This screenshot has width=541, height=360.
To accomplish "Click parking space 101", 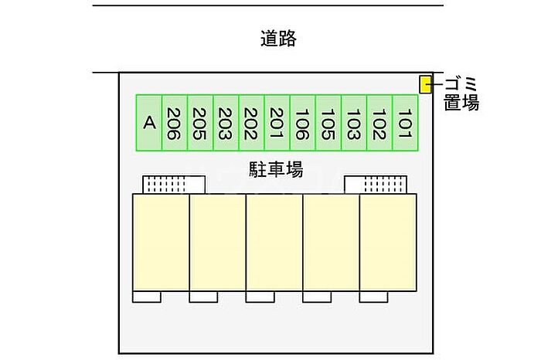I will (x=405, y=123).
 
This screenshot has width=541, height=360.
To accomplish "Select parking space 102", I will (x=379, y=123).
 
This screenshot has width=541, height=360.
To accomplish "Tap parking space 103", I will (x=354, y=123).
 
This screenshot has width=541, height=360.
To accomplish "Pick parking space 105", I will (x=328, y=123).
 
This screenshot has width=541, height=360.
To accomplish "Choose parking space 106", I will (x=303, y=123).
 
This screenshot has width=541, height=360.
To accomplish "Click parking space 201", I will (x=277, y=123).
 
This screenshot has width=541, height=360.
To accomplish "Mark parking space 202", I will (x=251, y=123).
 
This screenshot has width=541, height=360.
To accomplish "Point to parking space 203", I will (x=226, y=123).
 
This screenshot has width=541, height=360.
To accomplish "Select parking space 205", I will (x=200, y=123).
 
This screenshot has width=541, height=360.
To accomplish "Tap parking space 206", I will (x=175, y=123).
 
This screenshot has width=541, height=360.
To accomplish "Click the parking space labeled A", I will (x=149, y=123).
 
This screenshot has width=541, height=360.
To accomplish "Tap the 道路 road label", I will (x=278, y=39).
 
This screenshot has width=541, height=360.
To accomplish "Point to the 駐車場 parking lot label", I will (x=275, y=168).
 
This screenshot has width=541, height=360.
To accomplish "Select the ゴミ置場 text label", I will (x=461, y=93).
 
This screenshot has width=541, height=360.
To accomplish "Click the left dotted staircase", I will (x=174, y=185).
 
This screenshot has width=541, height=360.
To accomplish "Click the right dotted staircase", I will (x=376, y=185).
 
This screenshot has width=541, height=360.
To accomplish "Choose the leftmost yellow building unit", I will (x=161, y=243).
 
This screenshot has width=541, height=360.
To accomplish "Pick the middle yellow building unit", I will (x=274, y=243).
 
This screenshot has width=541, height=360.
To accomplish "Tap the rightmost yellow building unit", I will (x=388, y=243).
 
